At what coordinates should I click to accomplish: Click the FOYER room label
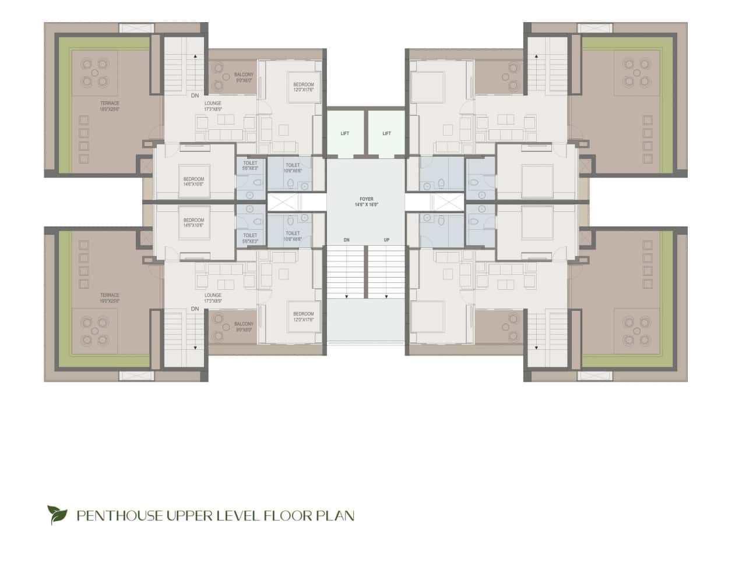(x=366, y=200)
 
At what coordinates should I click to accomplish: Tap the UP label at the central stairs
(x=386, y=240)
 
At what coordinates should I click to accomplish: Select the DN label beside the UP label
(x=346, y=240)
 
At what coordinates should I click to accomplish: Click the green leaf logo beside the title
(x=57, y=515)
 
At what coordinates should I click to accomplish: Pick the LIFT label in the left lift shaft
(x=345, y=134)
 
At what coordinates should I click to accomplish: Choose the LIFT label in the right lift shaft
(x=386, y=134)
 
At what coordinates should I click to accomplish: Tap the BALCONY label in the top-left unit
(x=244, y=75)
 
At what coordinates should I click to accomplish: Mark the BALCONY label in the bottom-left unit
(x=244, y=324)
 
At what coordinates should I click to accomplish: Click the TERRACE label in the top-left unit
(x=110, y=104)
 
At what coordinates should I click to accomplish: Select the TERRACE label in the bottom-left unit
(x=110, y=295)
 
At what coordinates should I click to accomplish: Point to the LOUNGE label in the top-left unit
(x=213, y=104)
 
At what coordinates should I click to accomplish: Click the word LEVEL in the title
(x=240, y=515)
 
